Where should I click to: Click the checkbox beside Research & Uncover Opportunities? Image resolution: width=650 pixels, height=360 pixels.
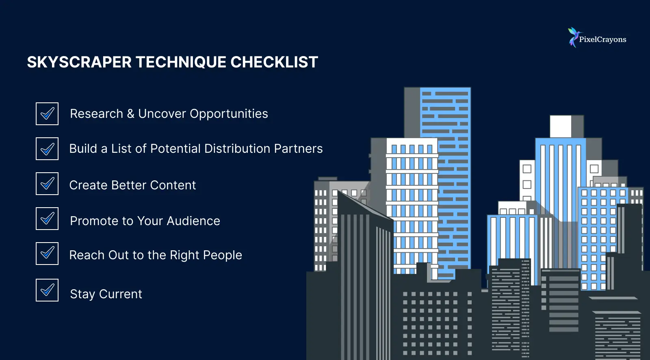click(x=47, y=114)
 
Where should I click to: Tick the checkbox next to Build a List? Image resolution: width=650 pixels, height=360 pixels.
click(x=47, y=149)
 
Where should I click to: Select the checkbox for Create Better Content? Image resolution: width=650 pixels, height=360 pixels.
click(x=47, y=184)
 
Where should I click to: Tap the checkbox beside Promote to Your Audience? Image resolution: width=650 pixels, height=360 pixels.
click(x=47, y=219)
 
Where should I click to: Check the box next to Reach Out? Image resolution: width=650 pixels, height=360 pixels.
click(x=47, y=254)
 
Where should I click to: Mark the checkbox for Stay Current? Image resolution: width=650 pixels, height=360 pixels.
click(x=47, y=290)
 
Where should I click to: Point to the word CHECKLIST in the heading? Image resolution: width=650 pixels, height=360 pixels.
click(x=274, y=62)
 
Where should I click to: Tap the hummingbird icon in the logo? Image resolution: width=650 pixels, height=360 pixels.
click(x=573, y=37)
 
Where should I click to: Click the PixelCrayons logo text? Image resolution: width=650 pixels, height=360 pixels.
click(x=602, y=40)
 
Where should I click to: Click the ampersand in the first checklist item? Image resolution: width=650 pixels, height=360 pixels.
click(x=130, y=114)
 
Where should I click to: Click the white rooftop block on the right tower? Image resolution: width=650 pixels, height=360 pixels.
click(x=561, y=126)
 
